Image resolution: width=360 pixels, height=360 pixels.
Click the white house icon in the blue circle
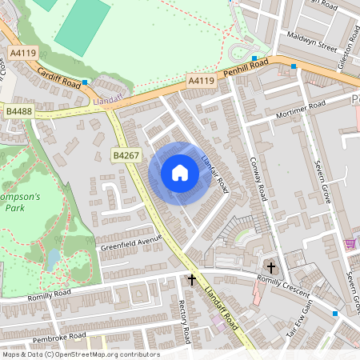pyautogui.click(x=180, y=173)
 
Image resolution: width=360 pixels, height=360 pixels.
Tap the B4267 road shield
pyautogui.click(x=126, y=155)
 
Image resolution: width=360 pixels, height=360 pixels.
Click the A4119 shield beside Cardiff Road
pyautogui.click(x=23, y=54)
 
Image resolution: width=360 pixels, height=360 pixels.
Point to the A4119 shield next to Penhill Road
pyautogui.click(x=202, y=81)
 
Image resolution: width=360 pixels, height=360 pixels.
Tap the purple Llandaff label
pyautogui.click(x=106, y=101)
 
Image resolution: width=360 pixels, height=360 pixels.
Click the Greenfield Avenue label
pyautogui.click(x=131, y=242)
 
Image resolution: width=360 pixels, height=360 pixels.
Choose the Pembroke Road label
pyautogui.click(x=60, y=336)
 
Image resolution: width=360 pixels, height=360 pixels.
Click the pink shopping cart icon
pyautogui.click(x=350, y=244)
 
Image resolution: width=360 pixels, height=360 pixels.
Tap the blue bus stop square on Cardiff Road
pyautogui.click(x=85, y=82)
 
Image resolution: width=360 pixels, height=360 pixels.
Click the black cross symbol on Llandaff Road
pyautogui.click(x=191, y=279)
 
